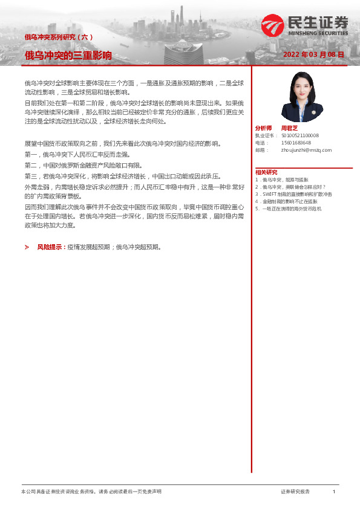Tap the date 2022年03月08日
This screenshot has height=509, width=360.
click(313, 54)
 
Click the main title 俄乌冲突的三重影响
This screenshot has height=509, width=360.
click(68, 56)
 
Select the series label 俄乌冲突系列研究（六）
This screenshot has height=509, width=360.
click(58, 37)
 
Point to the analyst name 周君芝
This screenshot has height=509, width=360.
click(290, 128)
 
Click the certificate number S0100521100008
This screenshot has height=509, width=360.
click(299, 136)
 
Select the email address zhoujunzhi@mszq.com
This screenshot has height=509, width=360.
click(306, 150)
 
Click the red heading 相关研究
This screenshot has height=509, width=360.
click(266, 172)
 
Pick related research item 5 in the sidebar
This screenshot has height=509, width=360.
click(289, 209)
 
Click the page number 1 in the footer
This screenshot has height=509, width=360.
click(333, 492)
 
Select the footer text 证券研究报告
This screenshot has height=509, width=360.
click(295, 492)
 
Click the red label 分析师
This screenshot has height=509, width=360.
click(264, 128)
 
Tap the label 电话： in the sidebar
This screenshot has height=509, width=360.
click(261, 143)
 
